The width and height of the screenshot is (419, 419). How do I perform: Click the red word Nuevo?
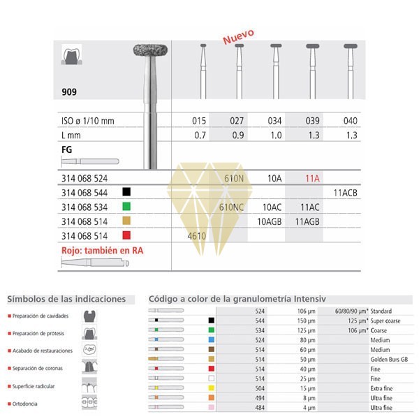[x=238, y=36]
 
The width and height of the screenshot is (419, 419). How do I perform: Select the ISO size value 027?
[x=238, y=121]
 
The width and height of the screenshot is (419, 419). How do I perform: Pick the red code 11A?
[x=311, y=178]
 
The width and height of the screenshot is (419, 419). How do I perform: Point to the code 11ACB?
[x=346, y=191]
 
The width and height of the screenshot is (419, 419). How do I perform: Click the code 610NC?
[x=232, y=207]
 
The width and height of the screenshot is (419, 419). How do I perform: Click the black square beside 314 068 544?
[x=126, y=191]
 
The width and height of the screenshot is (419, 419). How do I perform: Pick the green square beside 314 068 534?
[x=126, y=207]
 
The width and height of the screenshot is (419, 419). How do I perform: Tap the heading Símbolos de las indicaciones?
[x=66, y=299]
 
